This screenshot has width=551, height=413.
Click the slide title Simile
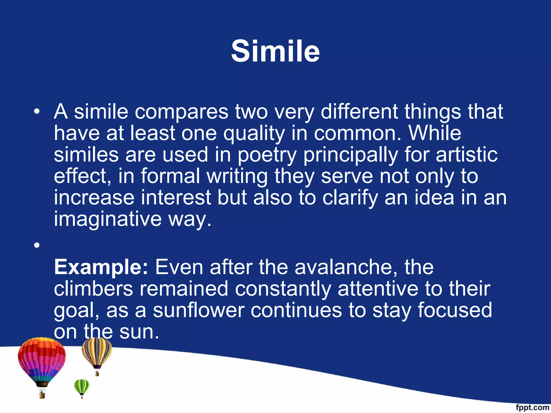[x=275, y=51]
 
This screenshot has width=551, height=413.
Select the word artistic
[x=467, y=155]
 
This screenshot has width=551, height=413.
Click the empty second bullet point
[x=37, y=245]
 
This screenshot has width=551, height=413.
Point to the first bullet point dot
[x=37, y=111]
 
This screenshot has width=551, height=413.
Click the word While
[x=435, y=133]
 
